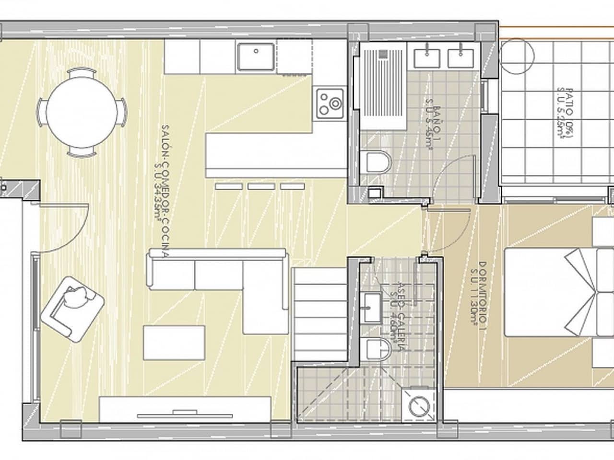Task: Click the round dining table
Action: [83, 113]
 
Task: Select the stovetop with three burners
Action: [330, 103]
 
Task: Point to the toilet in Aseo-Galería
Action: [377, 350]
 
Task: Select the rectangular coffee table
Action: [174, 343]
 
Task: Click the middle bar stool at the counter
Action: [260, 186]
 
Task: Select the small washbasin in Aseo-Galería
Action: [371, 307]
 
